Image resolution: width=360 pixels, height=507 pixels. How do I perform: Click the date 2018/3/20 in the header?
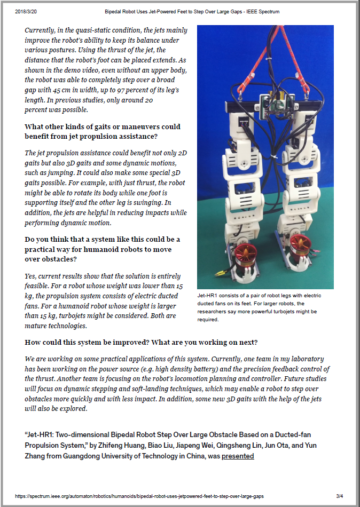25,11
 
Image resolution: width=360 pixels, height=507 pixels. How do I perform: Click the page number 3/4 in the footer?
339,496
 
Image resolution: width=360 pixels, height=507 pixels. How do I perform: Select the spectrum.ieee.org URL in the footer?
139,496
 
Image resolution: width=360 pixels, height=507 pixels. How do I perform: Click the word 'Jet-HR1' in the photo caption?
207,296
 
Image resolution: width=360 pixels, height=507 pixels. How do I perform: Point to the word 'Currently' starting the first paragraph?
43,30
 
